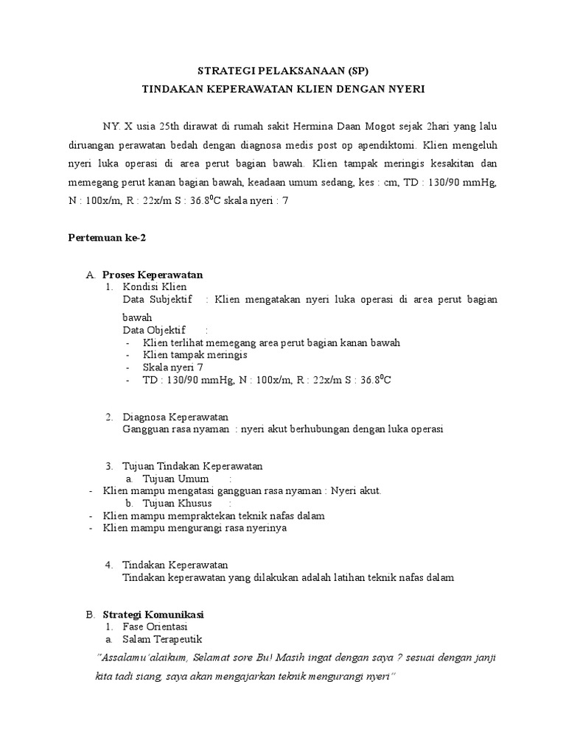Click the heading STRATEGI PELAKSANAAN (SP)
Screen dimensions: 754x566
pos(283,71)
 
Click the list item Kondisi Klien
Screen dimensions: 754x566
pos(155,286)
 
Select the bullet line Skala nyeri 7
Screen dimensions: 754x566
pos(174,367)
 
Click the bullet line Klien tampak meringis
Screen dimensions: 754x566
pos(195,354)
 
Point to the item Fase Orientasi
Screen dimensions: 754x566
pos(155,627)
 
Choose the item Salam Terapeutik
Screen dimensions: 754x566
pos(162,639)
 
